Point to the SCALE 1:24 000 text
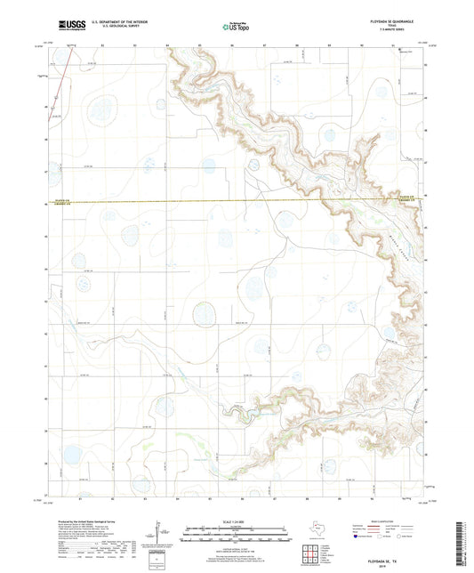click(237, 520)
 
